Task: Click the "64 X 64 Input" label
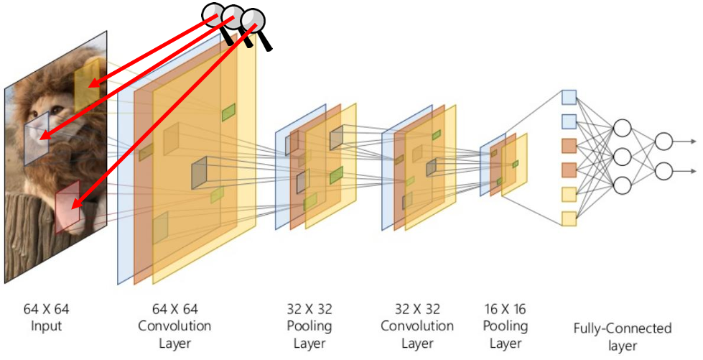click(47, 318)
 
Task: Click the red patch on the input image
click(67, 206)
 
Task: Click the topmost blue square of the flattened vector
click(569, 97)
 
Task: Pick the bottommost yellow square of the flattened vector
click(569, 218)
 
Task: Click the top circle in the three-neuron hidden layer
click(622, 128)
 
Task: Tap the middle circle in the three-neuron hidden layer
click(622, 157)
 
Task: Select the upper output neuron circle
click(664, 142)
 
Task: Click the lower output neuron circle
click(664, 171)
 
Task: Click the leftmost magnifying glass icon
click(213, 14)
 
